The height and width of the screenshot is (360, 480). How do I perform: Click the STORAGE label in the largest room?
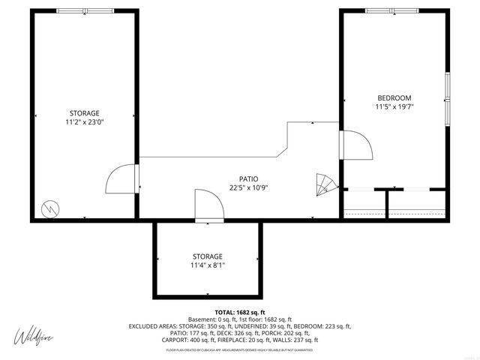click(x=84, y=112)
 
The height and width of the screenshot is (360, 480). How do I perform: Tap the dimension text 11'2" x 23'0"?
click(x=84, y=121)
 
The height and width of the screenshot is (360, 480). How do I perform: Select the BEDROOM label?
click(x=394, y=97)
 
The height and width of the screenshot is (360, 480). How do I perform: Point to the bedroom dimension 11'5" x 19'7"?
click(x=394, y=107)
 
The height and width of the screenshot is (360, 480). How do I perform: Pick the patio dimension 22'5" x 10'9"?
click(x=239, y=188)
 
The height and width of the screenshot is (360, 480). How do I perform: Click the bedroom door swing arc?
click(x=357, y=144)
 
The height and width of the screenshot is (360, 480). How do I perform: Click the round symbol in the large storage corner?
click(x=49, y=207)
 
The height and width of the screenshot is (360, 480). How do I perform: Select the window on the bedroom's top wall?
click(x=393, y=10)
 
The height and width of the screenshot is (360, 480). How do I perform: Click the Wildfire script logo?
click(x=37, y=334)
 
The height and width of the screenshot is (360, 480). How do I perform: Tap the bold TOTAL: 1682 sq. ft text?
click(x=240, y=312)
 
